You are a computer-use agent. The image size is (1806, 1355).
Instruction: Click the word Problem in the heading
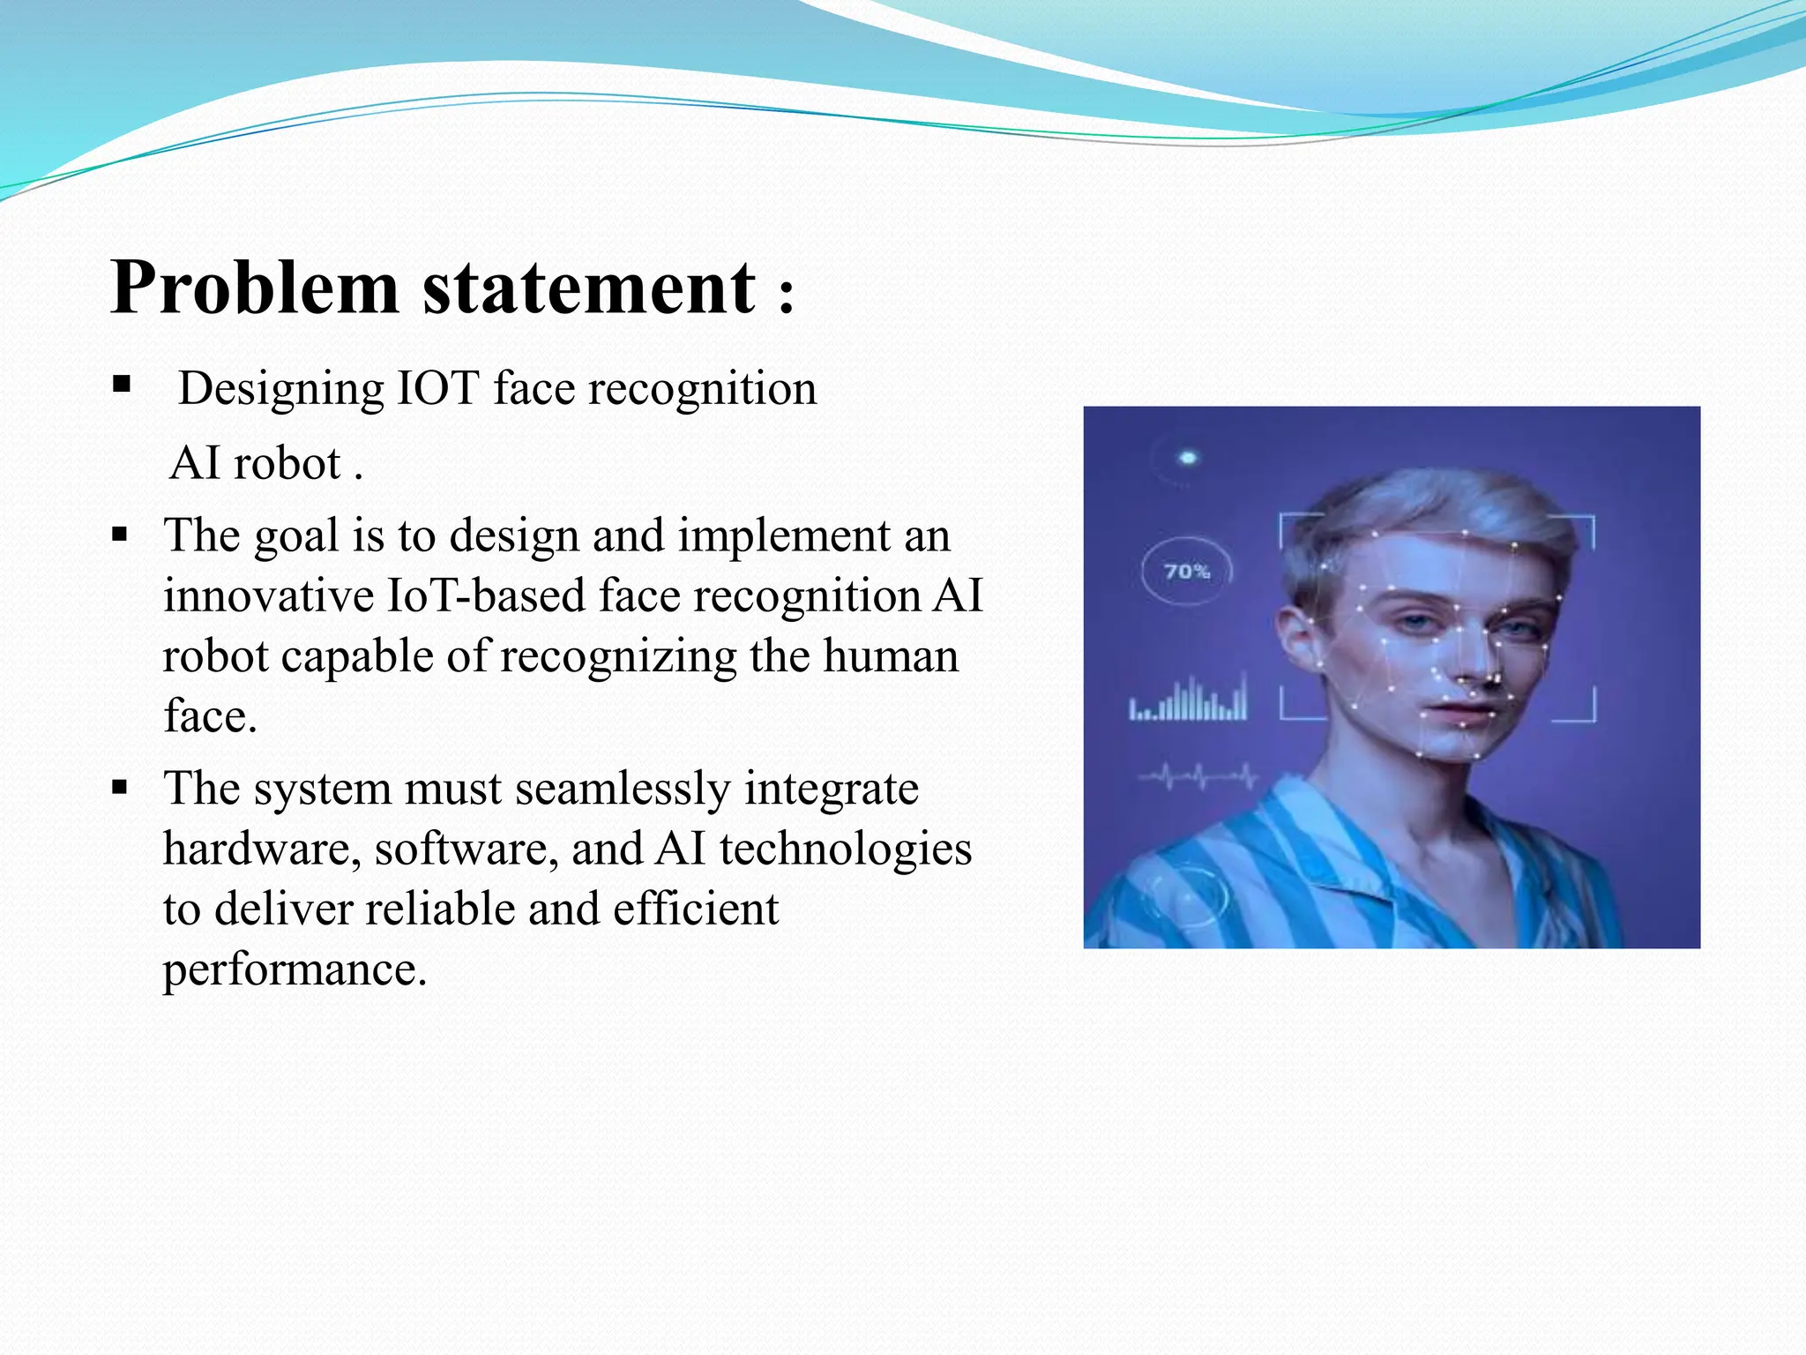click(x=255, y=289)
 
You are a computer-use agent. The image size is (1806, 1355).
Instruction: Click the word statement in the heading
click(x=588, y=289)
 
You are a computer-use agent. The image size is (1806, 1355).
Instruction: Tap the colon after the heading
click(x=787, y=296)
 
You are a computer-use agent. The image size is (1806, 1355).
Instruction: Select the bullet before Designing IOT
click(x=122, y=385)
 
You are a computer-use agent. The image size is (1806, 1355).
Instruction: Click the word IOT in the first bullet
click(x=438, y=389)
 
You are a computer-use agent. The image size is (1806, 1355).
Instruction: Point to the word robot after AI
click(x=287, y=464)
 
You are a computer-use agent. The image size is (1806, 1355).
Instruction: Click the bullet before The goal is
click(x=121, y=534)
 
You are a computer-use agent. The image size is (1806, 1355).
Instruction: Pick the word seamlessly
click(x=623, y=789)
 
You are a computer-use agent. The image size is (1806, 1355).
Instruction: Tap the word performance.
click(x=295, y=970)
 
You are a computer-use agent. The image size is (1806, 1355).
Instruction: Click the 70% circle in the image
click(x=1186, y=572)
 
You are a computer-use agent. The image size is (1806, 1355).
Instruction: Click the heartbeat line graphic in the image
click(x=1198, y=777)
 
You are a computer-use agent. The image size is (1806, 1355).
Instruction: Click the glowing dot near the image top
click(x=1188, y=458)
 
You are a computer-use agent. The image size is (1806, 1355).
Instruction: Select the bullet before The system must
click(x=121, y=787)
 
